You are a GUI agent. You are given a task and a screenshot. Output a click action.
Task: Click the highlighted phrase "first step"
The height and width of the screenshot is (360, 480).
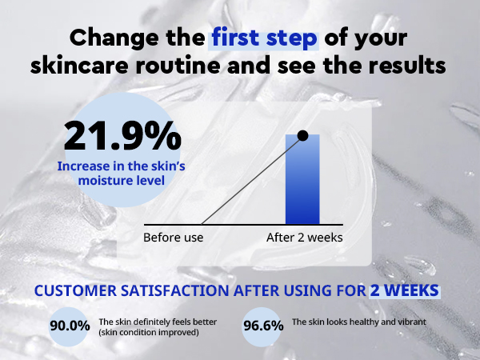[264, 38]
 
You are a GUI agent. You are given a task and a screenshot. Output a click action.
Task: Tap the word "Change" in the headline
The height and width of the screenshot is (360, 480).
[114, 38]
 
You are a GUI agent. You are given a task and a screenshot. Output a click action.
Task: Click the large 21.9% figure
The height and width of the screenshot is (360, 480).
[122, 136]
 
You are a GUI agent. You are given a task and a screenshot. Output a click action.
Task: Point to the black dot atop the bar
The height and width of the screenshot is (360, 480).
[302, 136]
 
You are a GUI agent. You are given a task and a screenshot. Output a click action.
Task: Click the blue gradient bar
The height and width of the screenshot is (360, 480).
[302, 179]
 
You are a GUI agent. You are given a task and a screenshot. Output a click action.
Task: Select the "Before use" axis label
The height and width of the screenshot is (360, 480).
[174, 238]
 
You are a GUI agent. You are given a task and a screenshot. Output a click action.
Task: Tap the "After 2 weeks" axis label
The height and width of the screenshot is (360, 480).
[305, 238]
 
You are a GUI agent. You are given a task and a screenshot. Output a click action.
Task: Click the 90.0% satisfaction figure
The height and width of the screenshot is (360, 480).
[70, 326]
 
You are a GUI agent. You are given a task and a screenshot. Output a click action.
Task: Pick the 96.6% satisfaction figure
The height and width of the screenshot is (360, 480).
[263, 326]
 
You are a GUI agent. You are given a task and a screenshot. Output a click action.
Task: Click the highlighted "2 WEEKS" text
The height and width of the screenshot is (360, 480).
[404, 290]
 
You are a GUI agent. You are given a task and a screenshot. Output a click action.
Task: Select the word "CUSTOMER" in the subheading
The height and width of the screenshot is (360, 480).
[76, 290]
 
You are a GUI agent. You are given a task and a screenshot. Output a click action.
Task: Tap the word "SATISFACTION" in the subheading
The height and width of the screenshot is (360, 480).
[174, 290]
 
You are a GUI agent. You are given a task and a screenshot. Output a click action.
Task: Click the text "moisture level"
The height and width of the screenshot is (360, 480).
[122, 180]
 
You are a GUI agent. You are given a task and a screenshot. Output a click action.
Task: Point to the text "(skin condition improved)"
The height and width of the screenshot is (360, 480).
[149, 333]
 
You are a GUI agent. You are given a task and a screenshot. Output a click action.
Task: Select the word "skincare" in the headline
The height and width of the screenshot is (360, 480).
[79, 65]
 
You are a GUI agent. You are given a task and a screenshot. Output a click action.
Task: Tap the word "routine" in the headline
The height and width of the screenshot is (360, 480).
[178, 65]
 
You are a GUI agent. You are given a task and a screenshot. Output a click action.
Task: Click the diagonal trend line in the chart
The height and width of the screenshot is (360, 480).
[252, 180]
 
